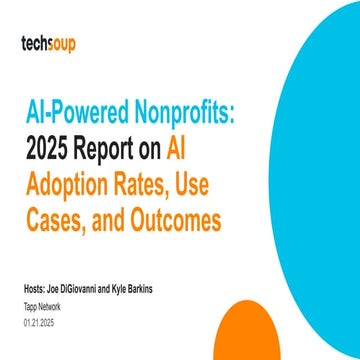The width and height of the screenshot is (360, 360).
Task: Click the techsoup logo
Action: [x=52, y=44]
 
